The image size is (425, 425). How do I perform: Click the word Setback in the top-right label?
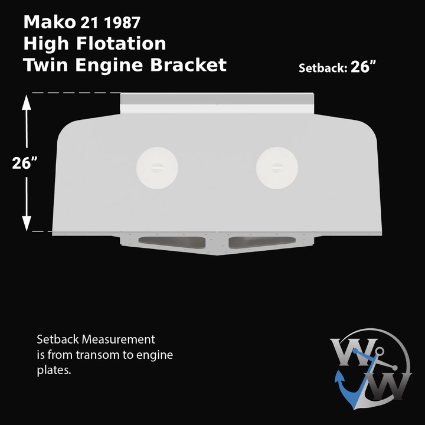(323, 68)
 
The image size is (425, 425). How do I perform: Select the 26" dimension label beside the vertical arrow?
(25, 164)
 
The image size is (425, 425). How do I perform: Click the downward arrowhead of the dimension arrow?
(27, 223)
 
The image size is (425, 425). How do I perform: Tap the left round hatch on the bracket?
(158, 168)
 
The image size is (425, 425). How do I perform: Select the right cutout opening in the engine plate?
(260, 242)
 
